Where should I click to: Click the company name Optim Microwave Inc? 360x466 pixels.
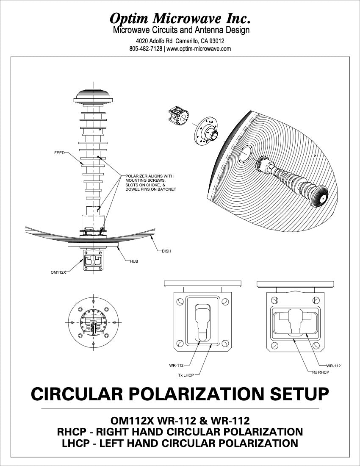(180, 18)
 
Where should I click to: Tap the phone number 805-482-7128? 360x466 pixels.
(146, 49)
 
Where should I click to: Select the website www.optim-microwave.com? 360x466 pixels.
(199, 49)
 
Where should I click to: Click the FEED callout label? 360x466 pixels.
(59, 153)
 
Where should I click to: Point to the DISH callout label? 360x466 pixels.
(166, 251)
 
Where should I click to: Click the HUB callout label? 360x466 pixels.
(134, 261)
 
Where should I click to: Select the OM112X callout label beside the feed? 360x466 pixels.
(58, 272)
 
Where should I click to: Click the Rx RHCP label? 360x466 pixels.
(320, 372)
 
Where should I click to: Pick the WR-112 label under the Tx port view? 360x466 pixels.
(176, 365)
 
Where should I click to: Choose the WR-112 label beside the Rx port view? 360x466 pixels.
(333, 366)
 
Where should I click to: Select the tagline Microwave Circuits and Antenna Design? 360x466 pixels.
(181, 30)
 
